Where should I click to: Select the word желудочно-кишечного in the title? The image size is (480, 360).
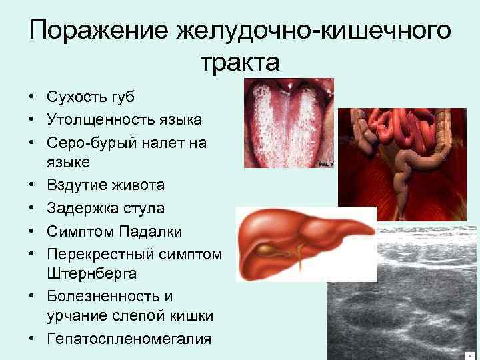pyautogui.click(x=313, y=31)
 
